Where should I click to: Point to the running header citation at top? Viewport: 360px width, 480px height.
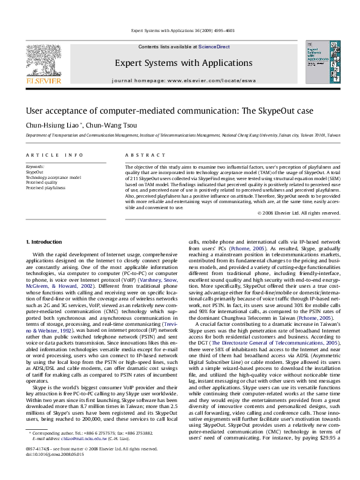(180, 30)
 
